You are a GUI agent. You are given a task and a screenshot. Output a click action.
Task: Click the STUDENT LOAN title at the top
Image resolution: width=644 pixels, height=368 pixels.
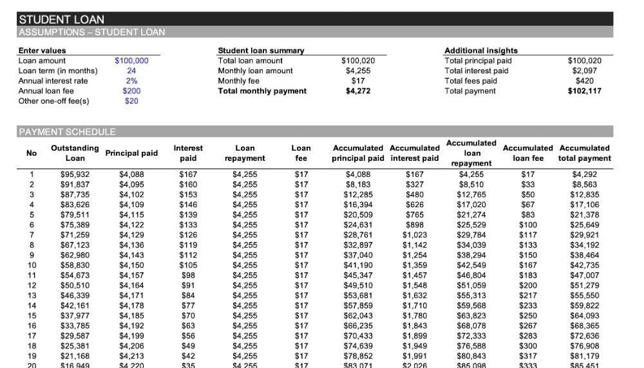(x=61, y=19)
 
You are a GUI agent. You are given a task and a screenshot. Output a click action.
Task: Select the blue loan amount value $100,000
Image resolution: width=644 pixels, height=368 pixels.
(x=131, y=60)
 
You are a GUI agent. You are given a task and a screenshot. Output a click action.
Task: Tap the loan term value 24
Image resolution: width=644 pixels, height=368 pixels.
(x=131, y=71)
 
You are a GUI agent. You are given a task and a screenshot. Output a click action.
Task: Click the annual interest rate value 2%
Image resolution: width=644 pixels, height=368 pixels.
(x=131, y=81)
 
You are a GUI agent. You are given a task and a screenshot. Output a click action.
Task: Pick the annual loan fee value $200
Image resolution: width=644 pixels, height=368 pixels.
(x=131, y=91)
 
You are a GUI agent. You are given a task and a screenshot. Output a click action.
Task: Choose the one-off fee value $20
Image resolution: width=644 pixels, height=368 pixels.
(x=131, y=101)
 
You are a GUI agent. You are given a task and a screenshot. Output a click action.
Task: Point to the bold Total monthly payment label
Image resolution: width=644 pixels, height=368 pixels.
(x=262, y=91)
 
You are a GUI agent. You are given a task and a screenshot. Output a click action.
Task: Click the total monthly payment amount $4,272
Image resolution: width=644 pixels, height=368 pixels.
(x=358, y=91)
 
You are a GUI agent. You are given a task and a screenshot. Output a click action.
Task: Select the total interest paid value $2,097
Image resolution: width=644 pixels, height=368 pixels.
(x=584, y=71)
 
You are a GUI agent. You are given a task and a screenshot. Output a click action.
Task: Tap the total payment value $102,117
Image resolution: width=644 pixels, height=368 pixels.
(x=584, y=91)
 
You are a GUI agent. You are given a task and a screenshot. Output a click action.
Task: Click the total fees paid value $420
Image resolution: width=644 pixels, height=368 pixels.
(x=584, y=81)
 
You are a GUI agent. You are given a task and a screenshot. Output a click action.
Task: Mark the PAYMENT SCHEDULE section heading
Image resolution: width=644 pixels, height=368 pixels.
(x=67, y=132)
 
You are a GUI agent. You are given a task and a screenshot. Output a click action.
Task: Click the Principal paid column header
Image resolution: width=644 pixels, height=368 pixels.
(x=131, y=153)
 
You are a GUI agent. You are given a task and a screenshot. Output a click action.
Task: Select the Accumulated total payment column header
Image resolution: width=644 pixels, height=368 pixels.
(x=584, y=153)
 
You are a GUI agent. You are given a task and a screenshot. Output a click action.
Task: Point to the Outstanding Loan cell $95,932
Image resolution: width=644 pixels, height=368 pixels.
(x=75, y=174)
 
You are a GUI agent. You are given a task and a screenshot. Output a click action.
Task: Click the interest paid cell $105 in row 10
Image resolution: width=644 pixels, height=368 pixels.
(x=188, y=265)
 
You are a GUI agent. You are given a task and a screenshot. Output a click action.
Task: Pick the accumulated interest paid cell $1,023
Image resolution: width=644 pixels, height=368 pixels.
(x=415, y=235)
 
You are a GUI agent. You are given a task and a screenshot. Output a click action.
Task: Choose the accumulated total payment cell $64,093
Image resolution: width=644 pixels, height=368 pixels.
(x=584, y=316)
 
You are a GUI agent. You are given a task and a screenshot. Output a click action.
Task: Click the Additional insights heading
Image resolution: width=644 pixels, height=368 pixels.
(x=480, y=50)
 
